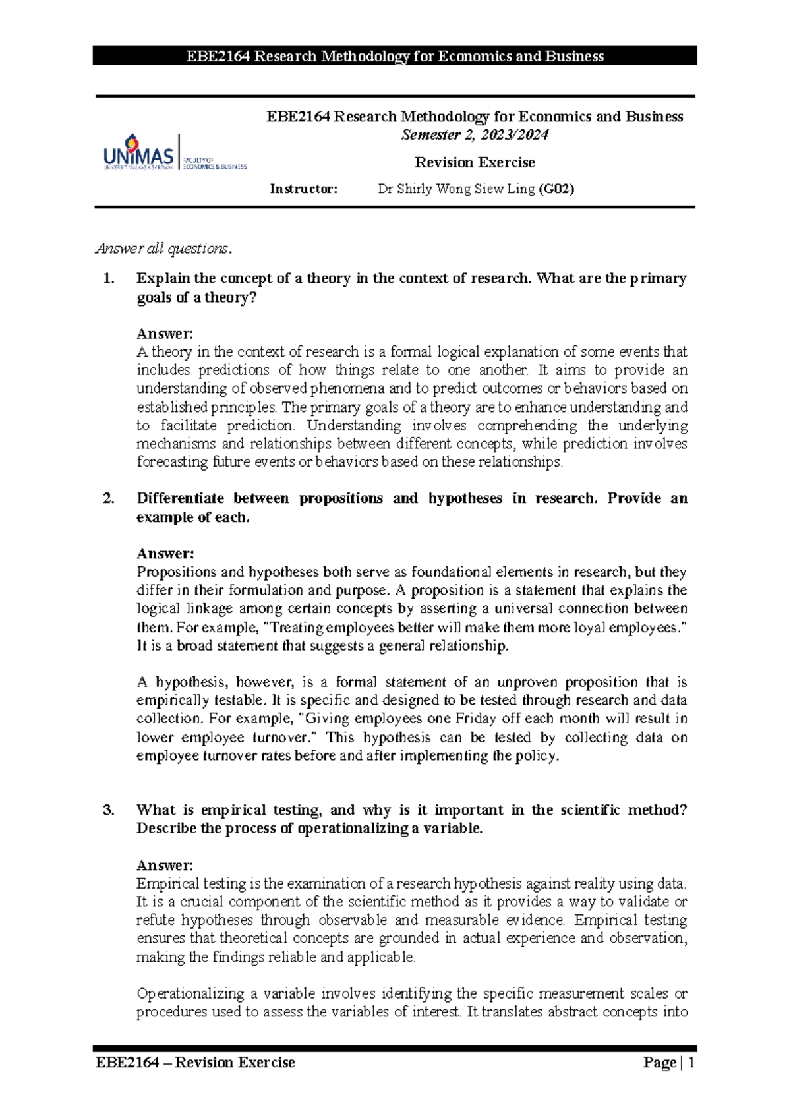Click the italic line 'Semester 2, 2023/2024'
tap(475, 135)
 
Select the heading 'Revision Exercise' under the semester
tap(475, 162)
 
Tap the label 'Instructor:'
tap(303, 189)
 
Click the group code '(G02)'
tap(556, 189)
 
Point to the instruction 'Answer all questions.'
tap(164, 249)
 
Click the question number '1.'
tap(109, 278)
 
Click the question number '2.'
tap(109, 498)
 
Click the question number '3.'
tap(109, 810)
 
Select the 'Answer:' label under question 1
tap(165, 334)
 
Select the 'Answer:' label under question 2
tap(165, 554)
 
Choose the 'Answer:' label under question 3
tap(165, 865)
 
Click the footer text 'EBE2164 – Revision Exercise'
tap(195, 1063)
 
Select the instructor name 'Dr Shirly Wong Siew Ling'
tap(456, 189)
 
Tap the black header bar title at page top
tap(395, 56)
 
